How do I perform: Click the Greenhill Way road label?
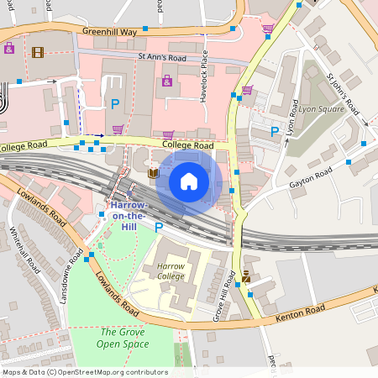109,31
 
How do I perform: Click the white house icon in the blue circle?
189,181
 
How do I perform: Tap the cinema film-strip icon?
37,52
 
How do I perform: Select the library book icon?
153,174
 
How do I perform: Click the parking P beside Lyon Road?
275,131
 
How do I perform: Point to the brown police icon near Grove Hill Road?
245,276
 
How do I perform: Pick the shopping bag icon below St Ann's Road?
166,81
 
